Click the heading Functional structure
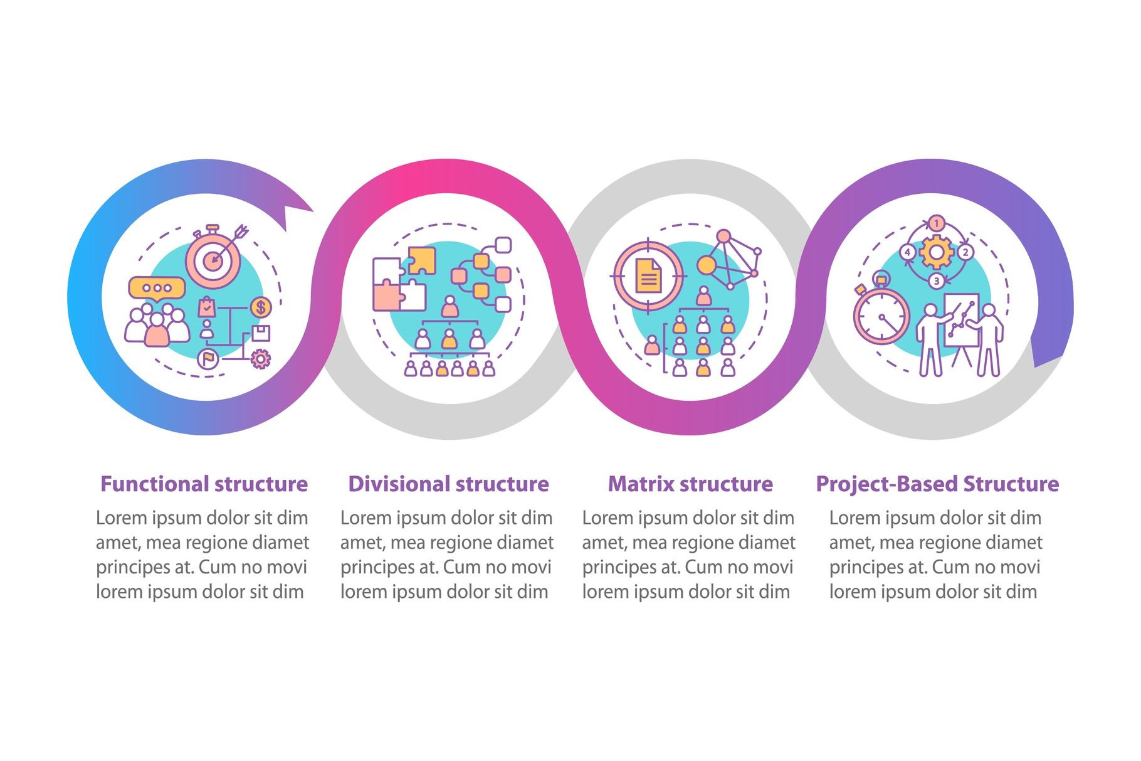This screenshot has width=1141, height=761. [204, 484]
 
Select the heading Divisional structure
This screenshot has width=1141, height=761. [448, 484]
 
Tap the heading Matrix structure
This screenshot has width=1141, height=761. [690, 484]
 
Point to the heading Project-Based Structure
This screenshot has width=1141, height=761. [937, 484]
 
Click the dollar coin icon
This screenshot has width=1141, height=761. [261, 307]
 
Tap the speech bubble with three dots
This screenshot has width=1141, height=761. [157, 288]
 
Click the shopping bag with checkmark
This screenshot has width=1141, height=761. [207, 307]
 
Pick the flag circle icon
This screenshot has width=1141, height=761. [208, 359]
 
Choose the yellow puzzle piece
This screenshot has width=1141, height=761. [422, 260]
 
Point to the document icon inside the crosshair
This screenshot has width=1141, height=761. [648, 276]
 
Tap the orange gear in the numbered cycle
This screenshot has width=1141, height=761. [936, 252]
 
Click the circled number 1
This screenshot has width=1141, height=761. [937, 223]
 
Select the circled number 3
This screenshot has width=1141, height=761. [937, 280]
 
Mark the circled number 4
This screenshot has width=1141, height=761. [908, 252]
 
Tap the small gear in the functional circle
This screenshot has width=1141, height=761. [260, 359]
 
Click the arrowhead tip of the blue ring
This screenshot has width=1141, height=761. [313, 211]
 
